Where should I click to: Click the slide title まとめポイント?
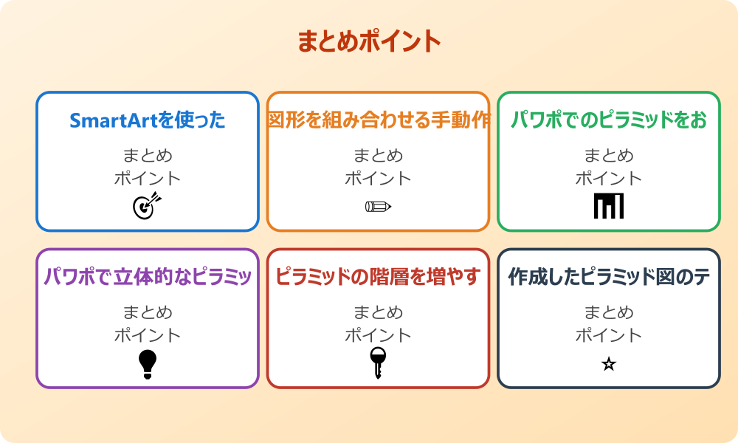coord(369,41)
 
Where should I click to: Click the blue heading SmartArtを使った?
coord(148,120)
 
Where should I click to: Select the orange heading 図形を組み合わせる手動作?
coord(379,120)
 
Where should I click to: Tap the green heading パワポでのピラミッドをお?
coord(609,120)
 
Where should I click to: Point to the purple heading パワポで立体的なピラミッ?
coord(148,277)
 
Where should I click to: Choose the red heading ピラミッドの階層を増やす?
coord(378,277)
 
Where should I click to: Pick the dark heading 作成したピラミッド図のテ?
coord(609,277)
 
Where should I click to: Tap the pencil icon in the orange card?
coord(378,206)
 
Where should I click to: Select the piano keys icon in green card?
coord(609,206)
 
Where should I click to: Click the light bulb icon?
coord(148,363)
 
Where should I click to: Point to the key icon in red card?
coord(378,363)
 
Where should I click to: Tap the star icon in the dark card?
coord(609,364)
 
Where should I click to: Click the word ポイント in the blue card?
coord(148,179)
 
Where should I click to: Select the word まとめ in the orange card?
coord(378,156)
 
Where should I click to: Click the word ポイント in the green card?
coord(609,179)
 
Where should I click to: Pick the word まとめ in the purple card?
coord(148,312)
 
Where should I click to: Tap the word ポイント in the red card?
coord(378,335)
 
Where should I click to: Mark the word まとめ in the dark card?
coord(609,312)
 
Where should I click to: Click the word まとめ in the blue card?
coord(148,156)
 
